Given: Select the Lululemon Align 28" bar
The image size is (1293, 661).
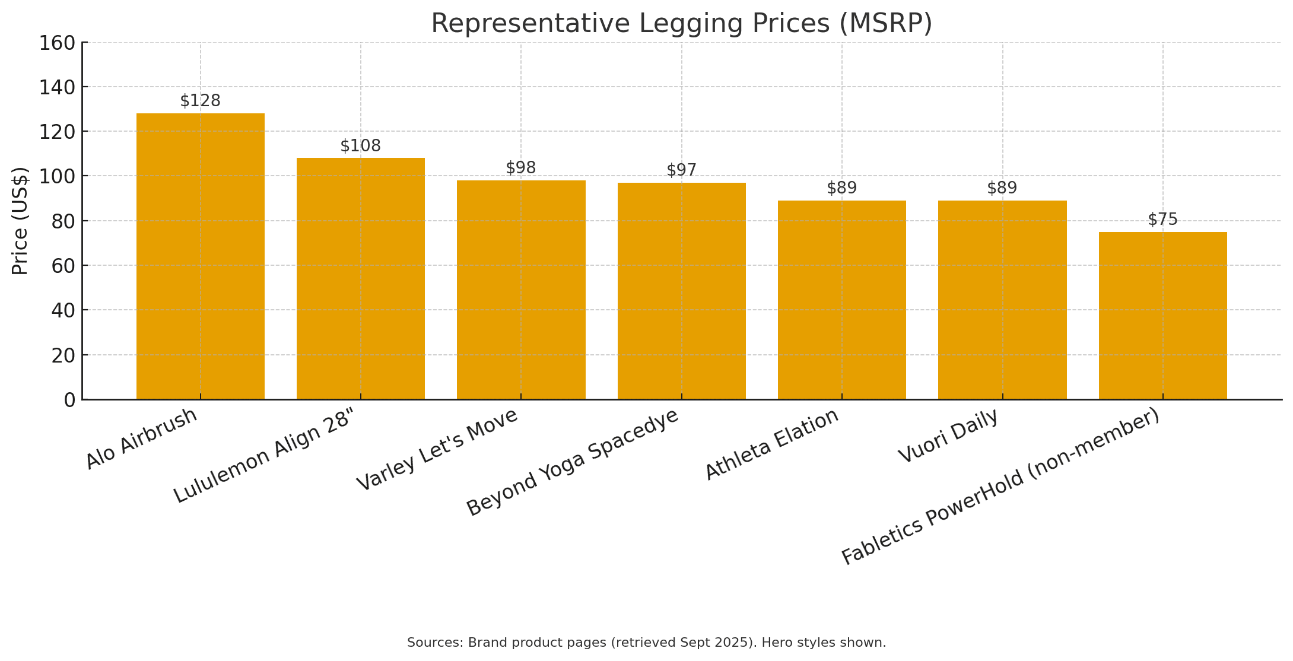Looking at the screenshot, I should pos(361,279).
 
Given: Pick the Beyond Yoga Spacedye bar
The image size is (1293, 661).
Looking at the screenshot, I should pos(681,291).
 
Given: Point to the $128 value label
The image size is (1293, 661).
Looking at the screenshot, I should pos(201,101).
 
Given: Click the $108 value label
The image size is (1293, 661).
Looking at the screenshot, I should pos(361,146).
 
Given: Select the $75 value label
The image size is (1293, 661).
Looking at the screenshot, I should pos(1162,220).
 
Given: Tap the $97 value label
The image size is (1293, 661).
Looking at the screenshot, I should pos(681,170).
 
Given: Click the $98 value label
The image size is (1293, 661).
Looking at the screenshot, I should pos(521,168).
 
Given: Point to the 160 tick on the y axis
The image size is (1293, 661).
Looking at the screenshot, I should pos(57,43).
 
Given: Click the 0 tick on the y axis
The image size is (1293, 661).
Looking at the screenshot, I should pos(70,400).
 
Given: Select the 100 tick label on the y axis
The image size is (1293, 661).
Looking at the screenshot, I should pos(57,176).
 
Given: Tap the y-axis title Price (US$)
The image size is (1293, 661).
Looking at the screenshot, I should pos(20,221).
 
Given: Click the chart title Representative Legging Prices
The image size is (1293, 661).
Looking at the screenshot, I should pos(681,24).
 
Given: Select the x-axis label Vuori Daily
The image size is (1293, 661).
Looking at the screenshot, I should pos(948,436).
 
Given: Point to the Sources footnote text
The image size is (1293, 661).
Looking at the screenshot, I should pos(646,643).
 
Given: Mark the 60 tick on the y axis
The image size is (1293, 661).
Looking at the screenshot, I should pos(63,266).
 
